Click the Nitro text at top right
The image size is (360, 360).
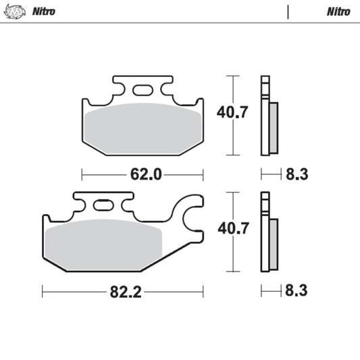click(x=338, y=11)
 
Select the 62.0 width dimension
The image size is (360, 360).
click(x=145, y=174)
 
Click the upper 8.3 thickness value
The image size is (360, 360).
click(x=296, y=174)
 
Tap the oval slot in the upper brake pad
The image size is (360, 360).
click(x=143, y=91)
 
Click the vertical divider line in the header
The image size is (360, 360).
click(x=288, y=11)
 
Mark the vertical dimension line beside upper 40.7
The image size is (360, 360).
click(x=234, y=115)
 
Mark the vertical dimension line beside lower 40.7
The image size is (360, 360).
click(x=234, y=232)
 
